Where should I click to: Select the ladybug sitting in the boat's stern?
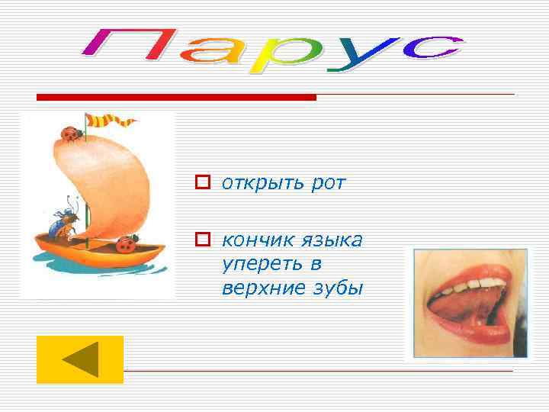126,244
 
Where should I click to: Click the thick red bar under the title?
176,98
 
